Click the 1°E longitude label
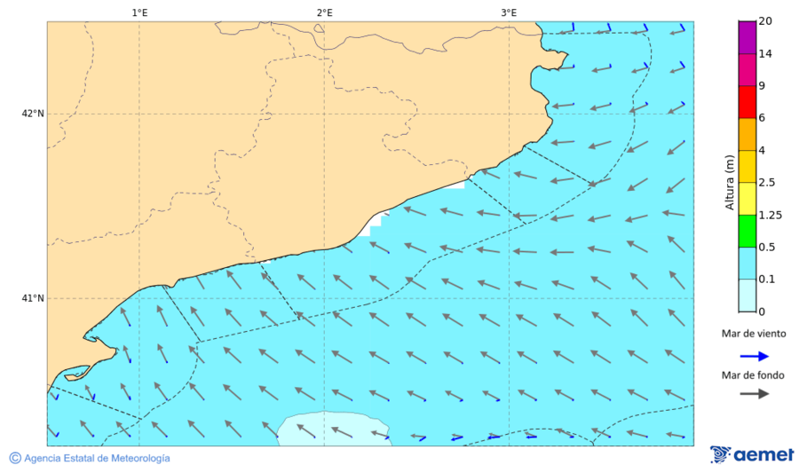tap(139, 12)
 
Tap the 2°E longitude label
tap(324, 12)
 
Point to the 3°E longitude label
tap(509, 12)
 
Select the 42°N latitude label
tap(33, 114)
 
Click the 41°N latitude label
tap(33, 298)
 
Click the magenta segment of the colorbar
tap(747, 38)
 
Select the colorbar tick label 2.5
tap(767, 183)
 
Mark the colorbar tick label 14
tap(765, 54)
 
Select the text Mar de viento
tap(754, 334)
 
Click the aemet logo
tap(752, 454)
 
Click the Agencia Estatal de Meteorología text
tap(97, 458)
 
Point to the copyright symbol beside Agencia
tap(15, 458)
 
